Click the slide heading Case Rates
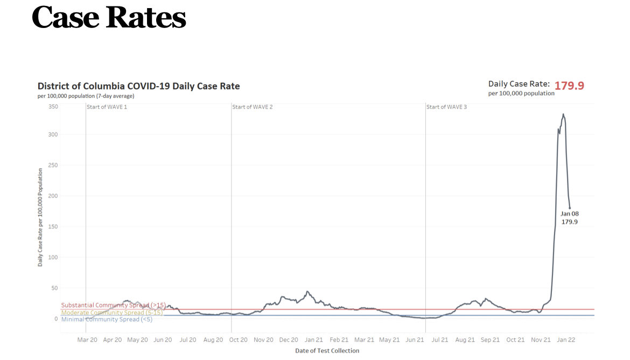109,18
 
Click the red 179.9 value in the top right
569,86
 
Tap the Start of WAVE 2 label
253,107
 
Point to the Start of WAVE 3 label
446,107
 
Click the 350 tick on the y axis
52,107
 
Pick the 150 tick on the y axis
52,227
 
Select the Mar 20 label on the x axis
87,340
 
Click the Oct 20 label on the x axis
239,340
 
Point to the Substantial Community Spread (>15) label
113,305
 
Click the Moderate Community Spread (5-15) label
110,312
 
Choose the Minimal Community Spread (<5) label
107,319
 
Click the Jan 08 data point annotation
569,217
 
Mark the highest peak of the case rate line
563,114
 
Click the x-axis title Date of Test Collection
327,351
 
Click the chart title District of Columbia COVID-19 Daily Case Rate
138,86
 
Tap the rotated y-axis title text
40,217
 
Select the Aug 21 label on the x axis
465,340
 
